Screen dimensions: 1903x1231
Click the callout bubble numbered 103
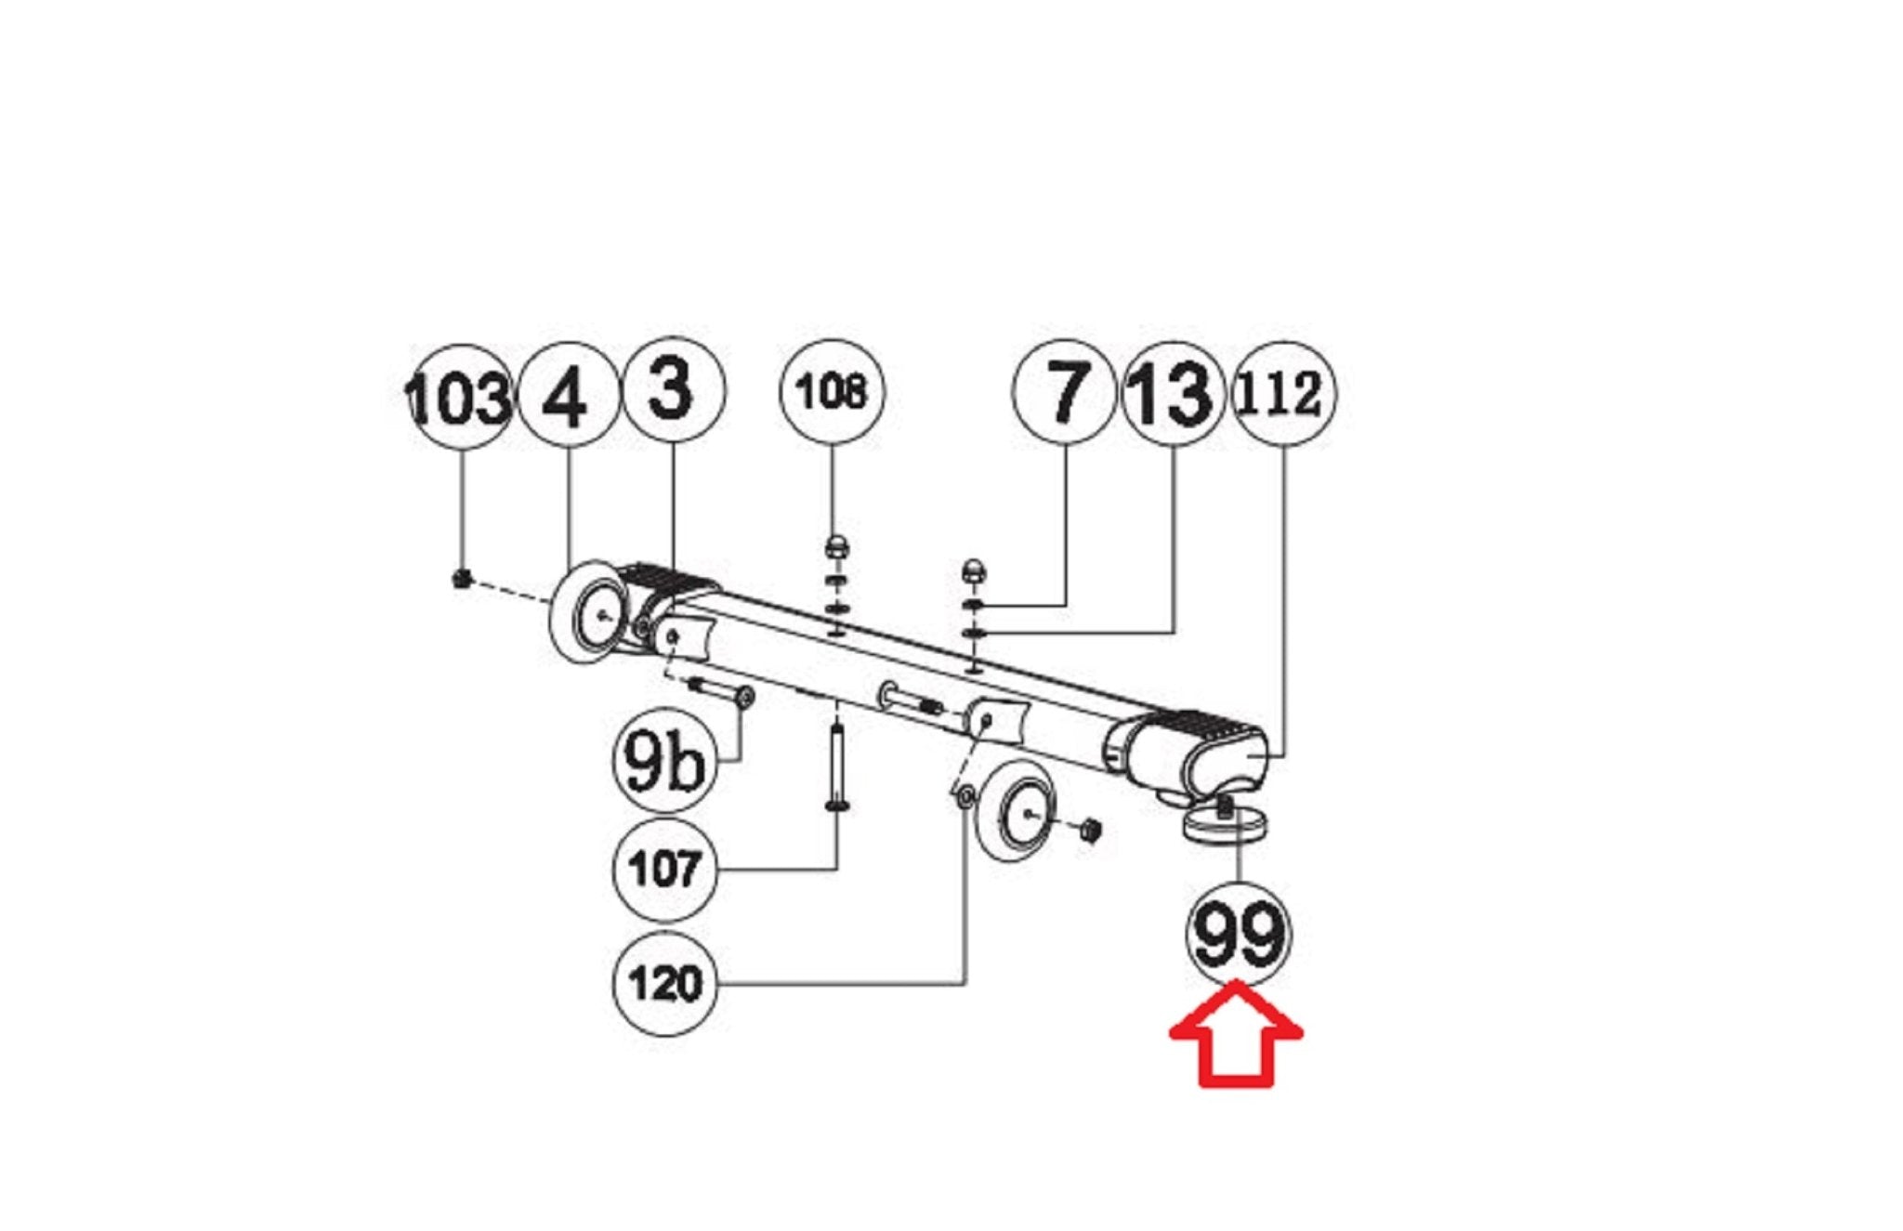point(461,397)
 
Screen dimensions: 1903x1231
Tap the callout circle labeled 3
point(672,389)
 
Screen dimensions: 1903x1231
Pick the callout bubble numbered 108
point(833,392)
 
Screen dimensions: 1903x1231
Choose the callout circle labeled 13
point(1173,393)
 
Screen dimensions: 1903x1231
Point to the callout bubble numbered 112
point(1283,394)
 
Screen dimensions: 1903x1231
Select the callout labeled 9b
point(665,762)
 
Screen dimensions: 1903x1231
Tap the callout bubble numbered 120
point(665,983)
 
